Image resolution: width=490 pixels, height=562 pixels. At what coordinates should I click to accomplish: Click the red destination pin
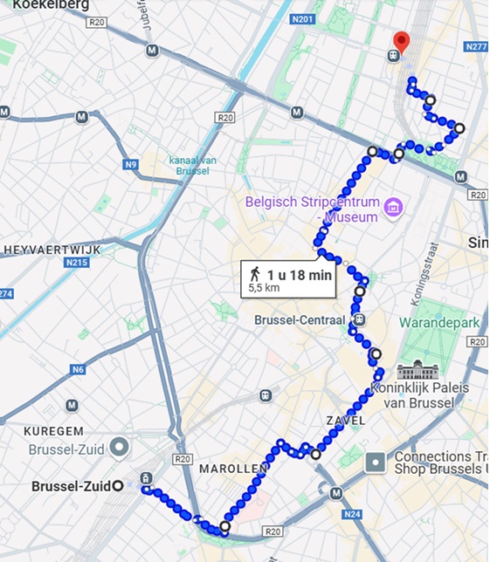tap(402, 41)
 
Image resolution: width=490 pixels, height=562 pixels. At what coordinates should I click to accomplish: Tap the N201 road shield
tap(302, 19)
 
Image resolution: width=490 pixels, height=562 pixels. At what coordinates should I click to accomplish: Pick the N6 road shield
tap(79, 369)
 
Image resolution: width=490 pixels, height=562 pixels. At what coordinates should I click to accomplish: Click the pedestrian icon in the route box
tap(255, 274)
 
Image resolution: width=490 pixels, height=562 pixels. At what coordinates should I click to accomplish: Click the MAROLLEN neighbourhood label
tap(233, 469)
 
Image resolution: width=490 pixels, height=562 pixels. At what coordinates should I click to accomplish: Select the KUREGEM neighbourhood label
tap(54, 431)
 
